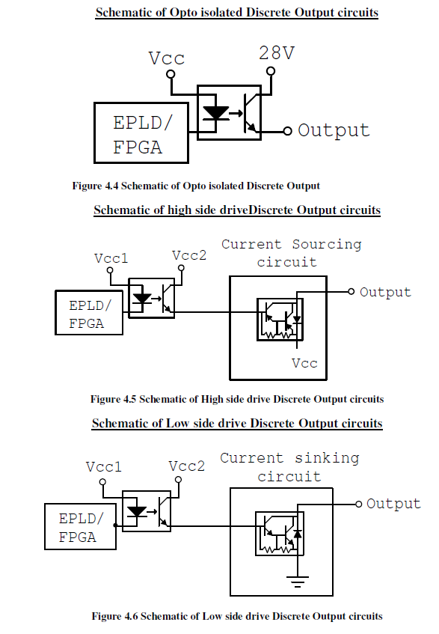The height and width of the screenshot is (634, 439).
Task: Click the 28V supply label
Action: pyautogui.click(x=277, y=53)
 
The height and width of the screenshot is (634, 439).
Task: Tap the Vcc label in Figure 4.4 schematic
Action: pyautogui.click(x=166, y=58)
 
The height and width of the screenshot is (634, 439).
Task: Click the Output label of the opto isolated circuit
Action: pyautogui.click(x=334, y=130)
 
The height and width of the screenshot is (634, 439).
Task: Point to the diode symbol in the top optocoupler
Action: pyautogui.click(x=215, y=114)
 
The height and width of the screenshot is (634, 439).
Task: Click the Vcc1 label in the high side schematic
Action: pyautogui.click(x=111, y=258)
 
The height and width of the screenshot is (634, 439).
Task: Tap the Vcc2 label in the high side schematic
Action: pyautogui.click(x=189, y=255)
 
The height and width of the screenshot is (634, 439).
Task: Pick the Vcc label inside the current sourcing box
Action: pyautogui.click(x=304, y=363)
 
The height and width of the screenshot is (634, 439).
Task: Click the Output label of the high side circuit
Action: pyautogui.click(x=385, y=292)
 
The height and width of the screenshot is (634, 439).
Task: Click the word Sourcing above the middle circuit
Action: pyautogui.click(x=327, y=245)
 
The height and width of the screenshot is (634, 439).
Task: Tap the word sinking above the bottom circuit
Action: pyautogui.click(x=327, y=458)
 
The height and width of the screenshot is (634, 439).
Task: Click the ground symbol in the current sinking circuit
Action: pyautogui.click(x=298, y=582)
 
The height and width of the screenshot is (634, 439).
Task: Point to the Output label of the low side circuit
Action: pyautogui.click(x=393, y=504)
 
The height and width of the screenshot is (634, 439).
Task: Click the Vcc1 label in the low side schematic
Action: pyautogui.click(x=103, y=467)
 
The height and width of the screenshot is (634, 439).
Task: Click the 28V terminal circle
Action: pyautogui.click(x=271, y=71)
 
